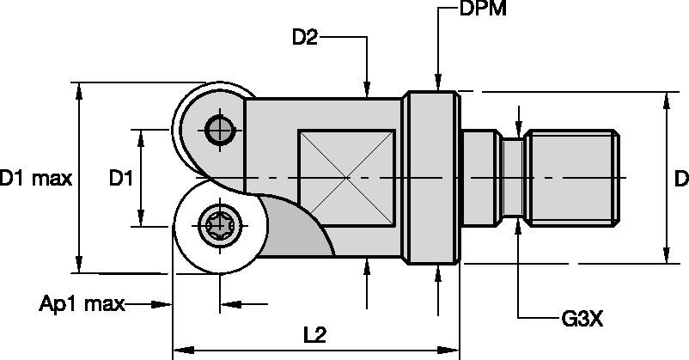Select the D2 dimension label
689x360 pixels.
(x=307, y=37)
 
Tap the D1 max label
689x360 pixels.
(x=35, y=179)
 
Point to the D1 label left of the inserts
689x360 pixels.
(x=120, y=179)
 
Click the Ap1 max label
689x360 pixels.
(x=82, y=303)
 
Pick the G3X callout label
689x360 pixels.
(x=583, y=319)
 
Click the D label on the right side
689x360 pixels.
(x=680, y=179)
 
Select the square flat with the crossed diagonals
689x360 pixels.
(x=346, y=178)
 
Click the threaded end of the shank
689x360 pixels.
(x=574, y=178)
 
